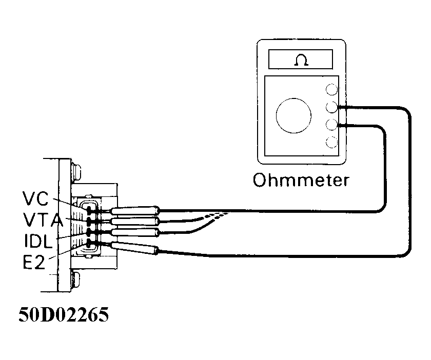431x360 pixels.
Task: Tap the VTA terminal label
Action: coord(42,220)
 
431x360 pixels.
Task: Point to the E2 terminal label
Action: coord(34,263)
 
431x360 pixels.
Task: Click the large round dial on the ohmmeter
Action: coord(293,114)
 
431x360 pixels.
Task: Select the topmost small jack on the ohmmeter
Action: coord(332,90)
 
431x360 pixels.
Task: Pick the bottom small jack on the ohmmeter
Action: coord(332,142)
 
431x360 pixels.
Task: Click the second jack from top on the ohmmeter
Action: coord(332,107)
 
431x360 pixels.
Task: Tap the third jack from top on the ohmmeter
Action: coord(332,125)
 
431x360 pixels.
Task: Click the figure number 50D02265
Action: coord(64,315)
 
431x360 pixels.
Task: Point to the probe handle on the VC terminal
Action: coord(136,210)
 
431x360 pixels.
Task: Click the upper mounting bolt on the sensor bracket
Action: coord(77,169)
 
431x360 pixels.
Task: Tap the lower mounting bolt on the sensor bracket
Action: coord(77,281)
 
